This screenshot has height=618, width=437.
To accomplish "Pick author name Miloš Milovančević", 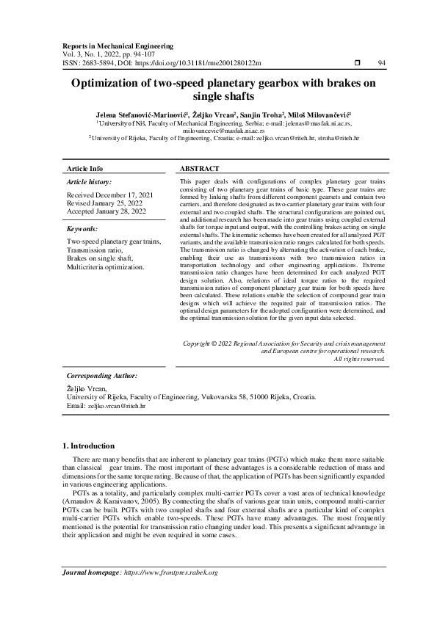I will (320, 115).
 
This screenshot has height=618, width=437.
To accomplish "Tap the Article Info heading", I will (84, 168).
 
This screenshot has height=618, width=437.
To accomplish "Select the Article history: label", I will (90, 181).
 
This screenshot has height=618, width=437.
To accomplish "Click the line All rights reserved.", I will (359, 359).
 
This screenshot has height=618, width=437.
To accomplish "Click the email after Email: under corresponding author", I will (117, 405).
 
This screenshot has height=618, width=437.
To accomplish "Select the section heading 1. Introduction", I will (88, 446).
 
